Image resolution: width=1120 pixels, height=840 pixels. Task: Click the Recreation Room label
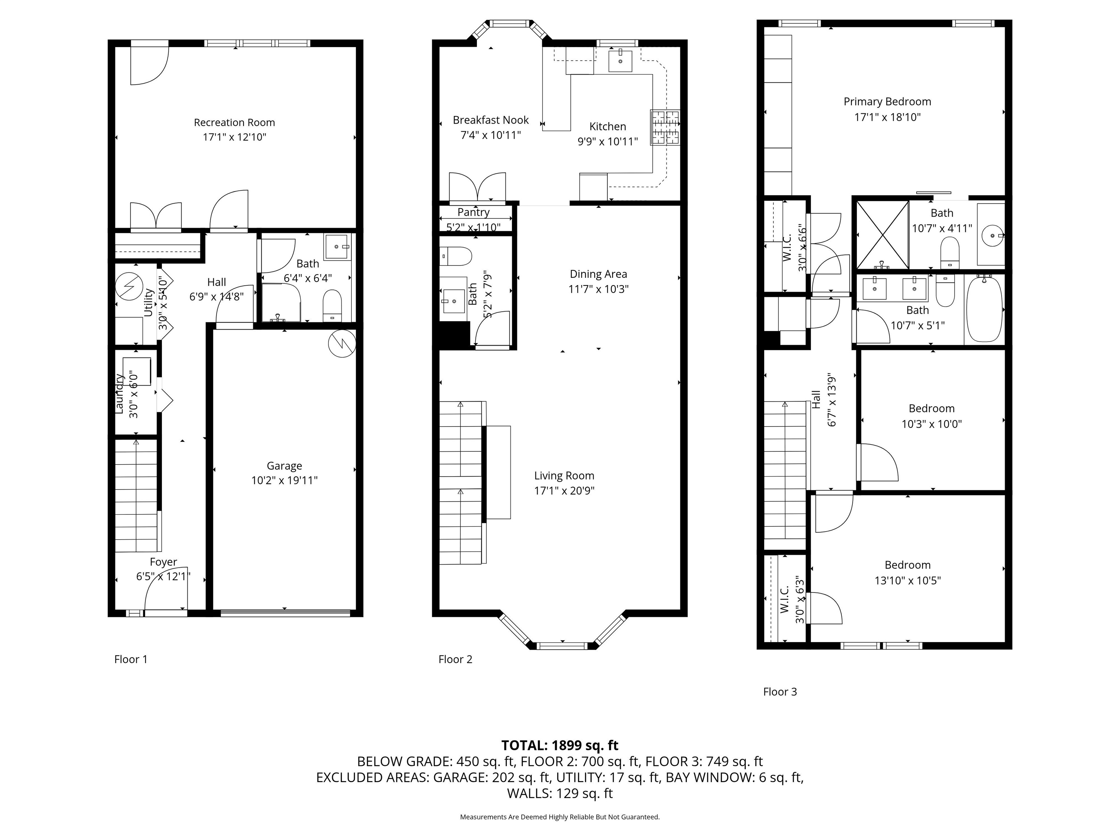tap(234, 122)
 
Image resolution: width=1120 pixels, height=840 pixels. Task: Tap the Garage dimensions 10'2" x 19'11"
tap(284, 480)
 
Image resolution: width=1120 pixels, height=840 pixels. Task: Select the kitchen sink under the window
tap(620, 61)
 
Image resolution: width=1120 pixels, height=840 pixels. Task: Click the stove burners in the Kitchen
tap(665, 128)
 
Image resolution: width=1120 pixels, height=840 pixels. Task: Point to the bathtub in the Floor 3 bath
tap(984, 308)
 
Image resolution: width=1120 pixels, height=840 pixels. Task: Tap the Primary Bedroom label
tap(887, 102)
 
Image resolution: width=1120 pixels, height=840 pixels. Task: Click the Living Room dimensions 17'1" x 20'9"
tap(564, 491)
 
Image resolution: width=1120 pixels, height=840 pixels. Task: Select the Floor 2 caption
tap(455, 659)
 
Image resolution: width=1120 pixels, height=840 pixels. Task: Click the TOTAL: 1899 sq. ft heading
tap(560, 745)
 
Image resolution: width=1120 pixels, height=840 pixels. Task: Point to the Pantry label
tap(474, 212)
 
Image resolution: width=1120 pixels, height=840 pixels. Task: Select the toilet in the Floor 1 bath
tap(332, 305)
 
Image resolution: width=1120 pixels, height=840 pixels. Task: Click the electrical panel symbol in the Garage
tap(342, 344)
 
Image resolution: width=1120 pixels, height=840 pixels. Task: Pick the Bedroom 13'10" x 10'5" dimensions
tap(907, 580)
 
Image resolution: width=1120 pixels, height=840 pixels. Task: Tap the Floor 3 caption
tap(780, 692)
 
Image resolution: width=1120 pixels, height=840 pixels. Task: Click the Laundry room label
tap(120, 393)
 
